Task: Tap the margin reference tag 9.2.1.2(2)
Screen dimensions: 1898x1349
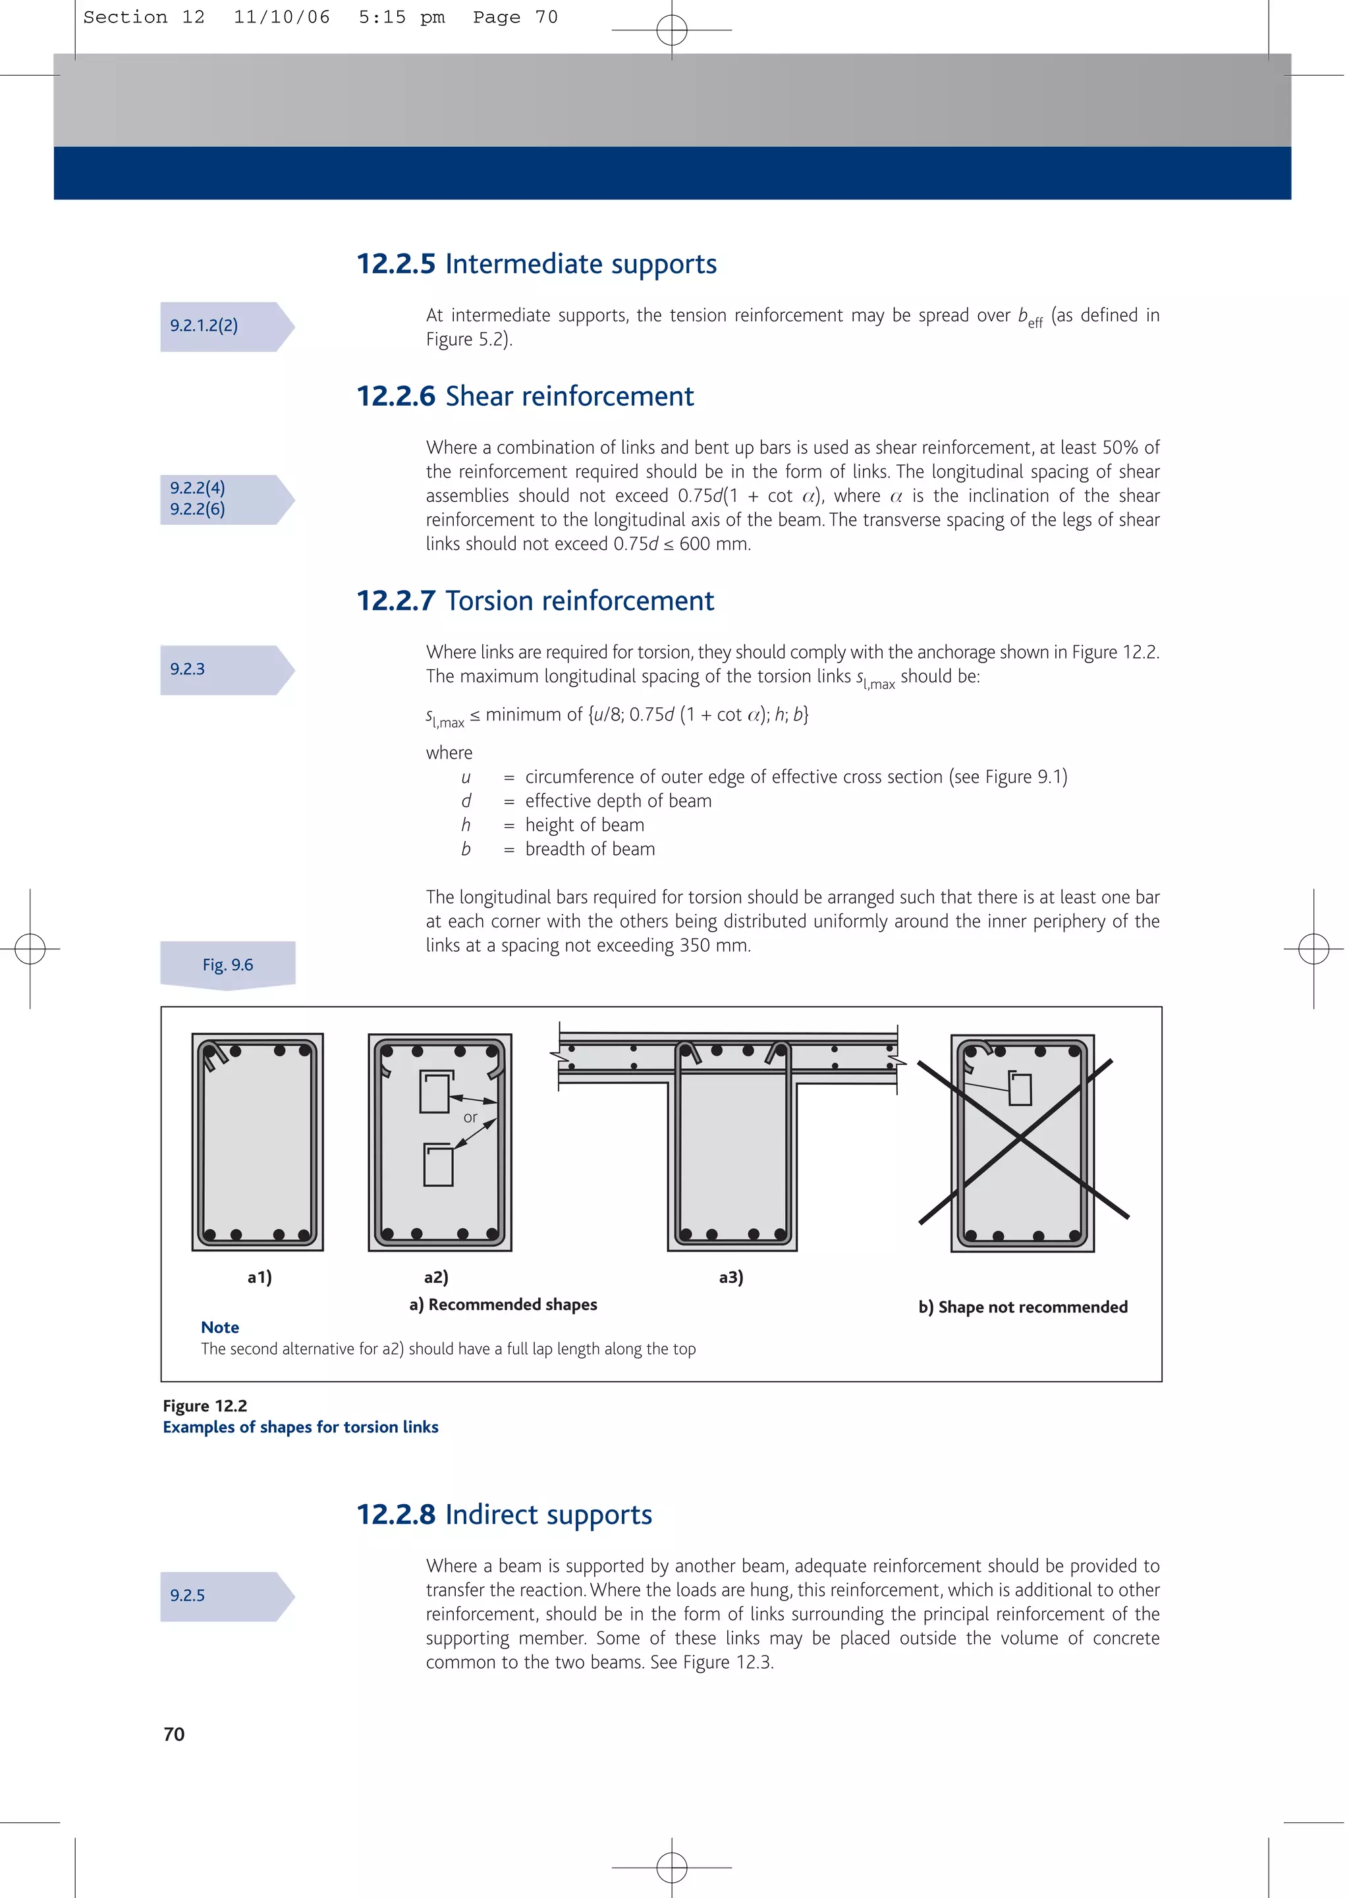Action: pyautogui.click(x=204, y=325)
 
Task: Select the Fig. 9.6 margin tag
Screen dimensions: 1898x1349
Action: pyautogui.click(x=228, y=965)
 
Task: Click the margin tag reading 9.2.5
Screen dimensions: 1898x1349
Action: pyautogui.click(x=188, y=1595)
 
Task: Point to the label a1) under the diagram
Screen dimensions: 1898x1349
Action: pyautogui.click(x=259, y=1277)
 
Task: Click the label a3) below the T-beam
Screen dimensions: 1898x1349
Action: pyautogui.click(x=731, y=1277)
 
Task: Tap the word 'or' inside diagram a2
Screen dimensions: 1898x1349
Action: pyautogui.click(x=470, y=1118)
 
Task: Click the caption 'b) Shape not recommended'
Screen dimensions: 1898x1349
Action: pyautogui.click(x=1022, y=1307)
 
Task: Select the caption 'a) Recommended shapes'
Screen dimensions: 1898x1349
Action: pyautogui.click(x=503, y=1305)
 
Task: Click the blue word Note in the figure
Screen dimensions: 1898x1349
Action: pyautogui.click(x=220, y=1327)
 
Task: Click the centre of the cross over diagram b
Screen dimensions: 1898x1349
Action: pyautogui.click(x=1022, y=1140)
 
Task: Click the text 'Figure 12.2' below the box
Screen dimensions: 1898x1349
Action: pyautogui.click(x=205, y=1405)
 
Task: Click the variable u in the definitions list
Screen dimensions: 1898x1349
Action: pyautogui.click(x=465, y=777)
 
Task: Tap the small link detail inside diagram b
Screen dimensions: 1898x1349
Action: pyautogui.click(x=1020, y=1089)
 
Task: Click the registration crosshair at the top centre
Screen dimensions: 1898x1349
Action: pyautogui.click(x=671, y=30)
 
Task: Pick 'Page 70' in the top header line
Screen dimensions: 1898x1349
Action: pyautogui.click(x=515, y=17)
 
